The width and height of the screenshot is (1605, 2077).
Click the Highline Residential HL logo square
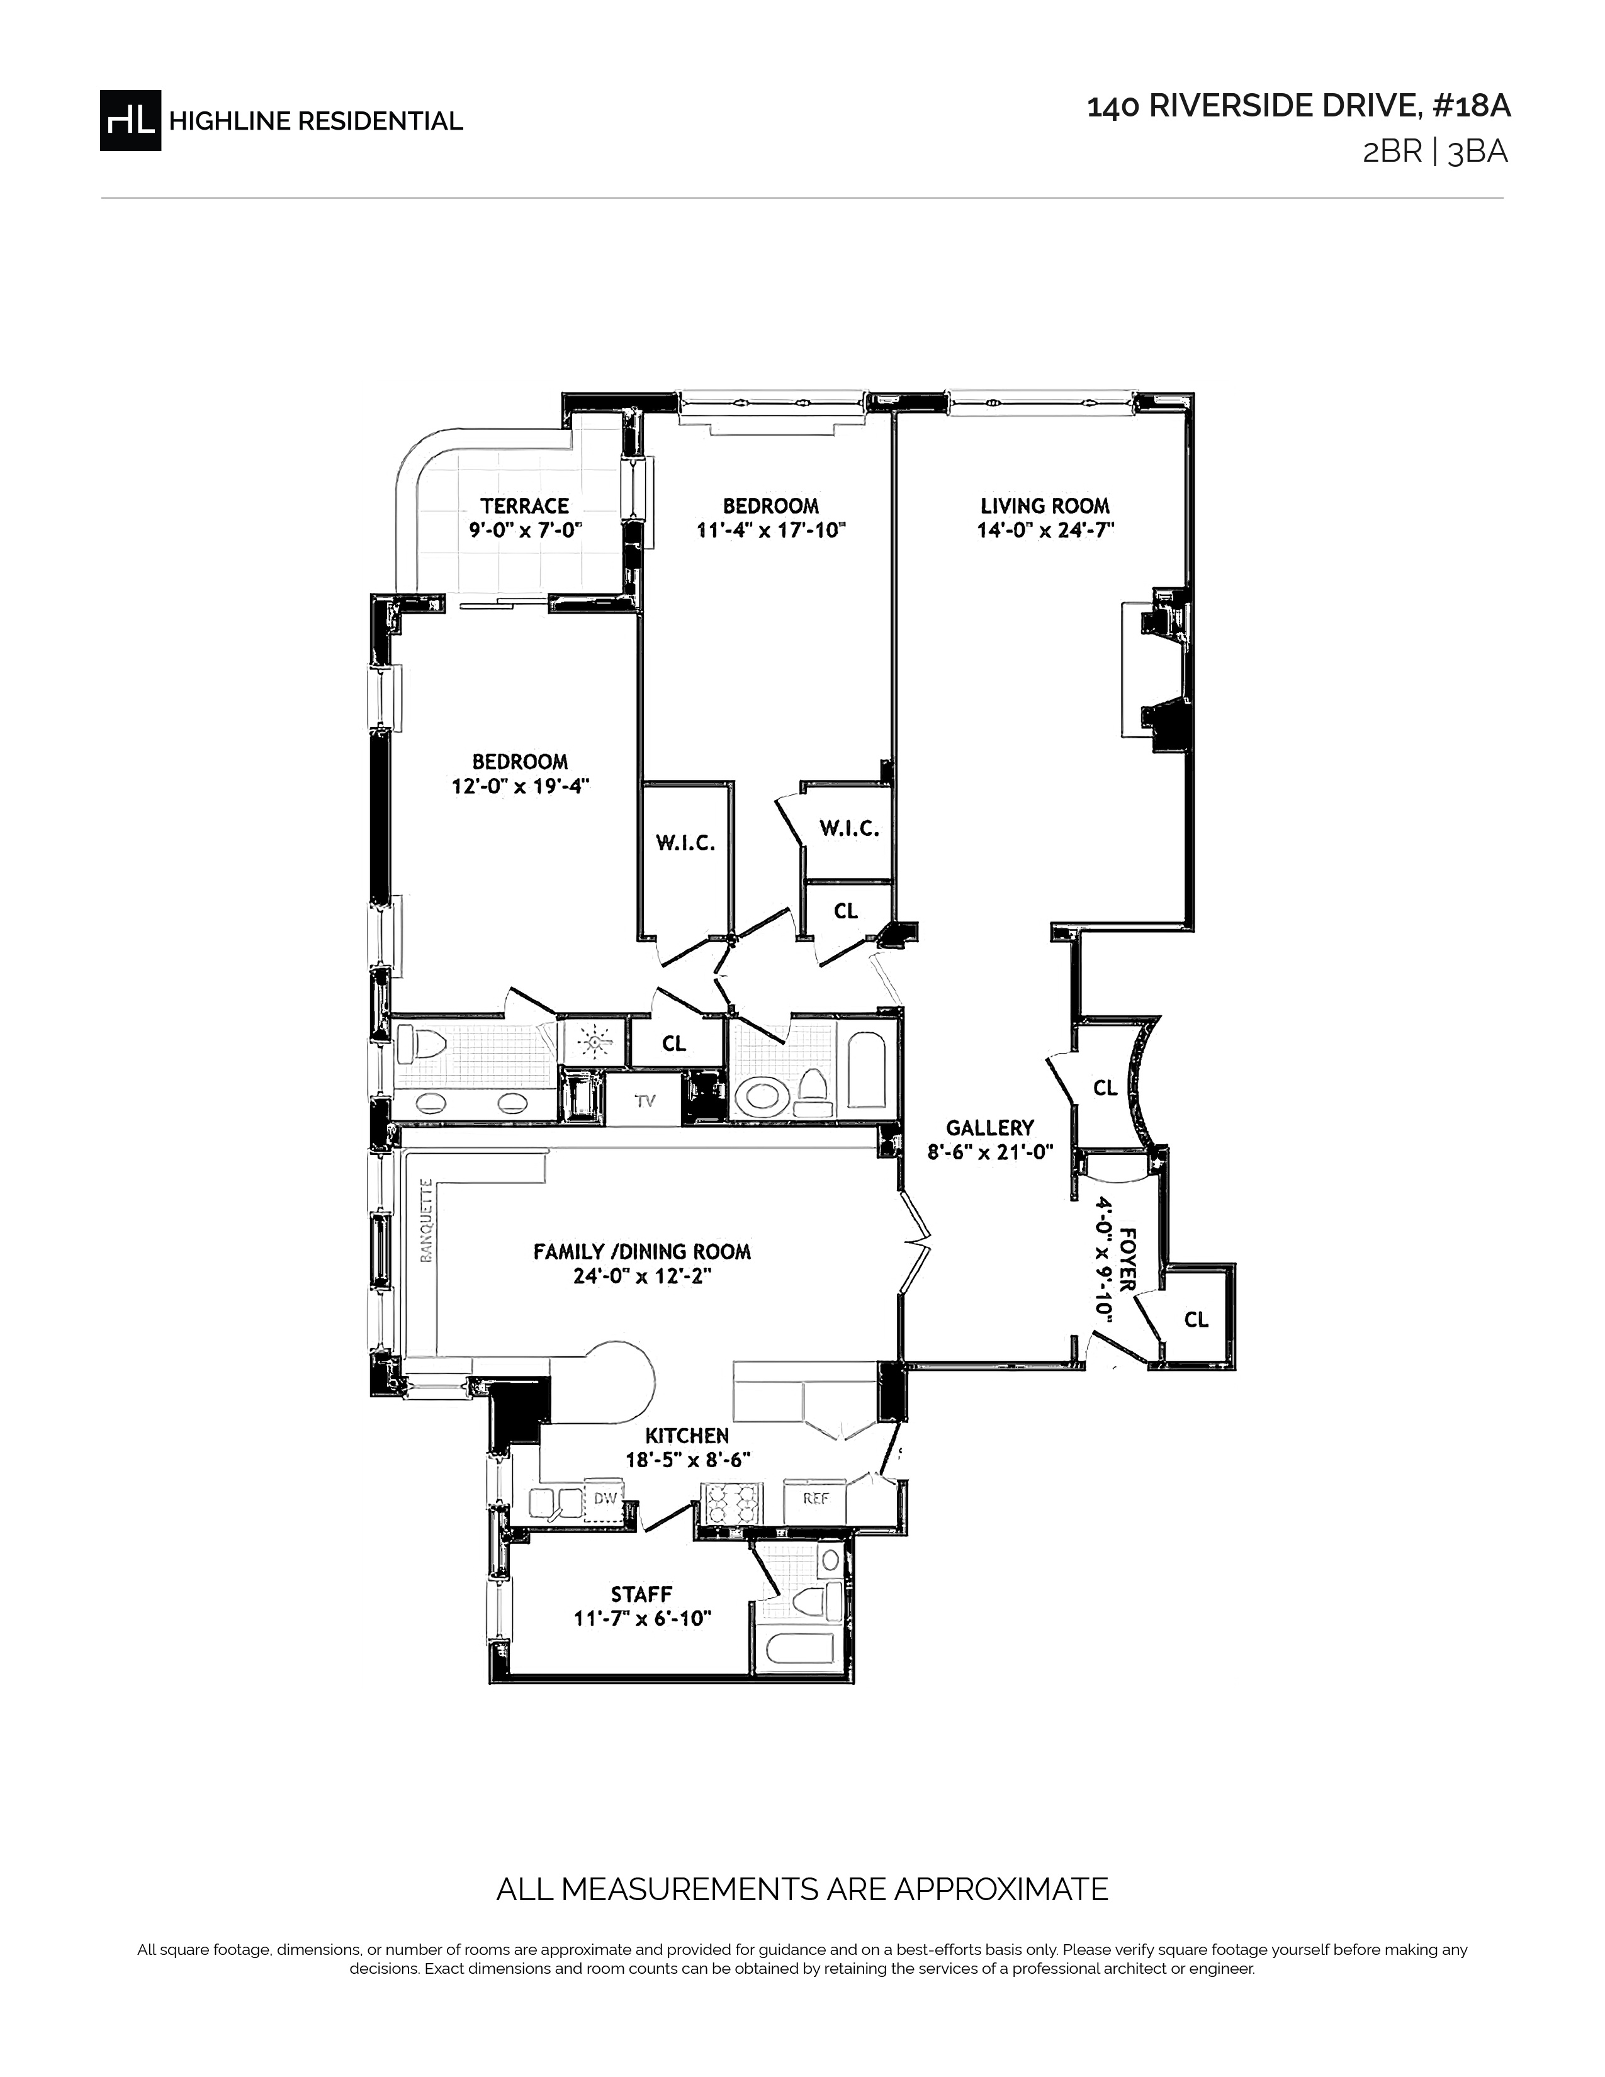point(130,120)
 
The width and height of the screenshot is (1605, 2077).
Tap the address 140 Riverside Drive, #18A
point(1299,106)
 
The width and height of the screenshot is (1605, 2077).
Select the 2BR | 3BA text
point(1436,153)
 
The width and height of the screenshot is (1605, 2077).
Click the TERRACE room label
point(525,506)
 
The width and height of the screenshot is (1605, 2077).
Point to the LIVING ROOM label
point(1045,506)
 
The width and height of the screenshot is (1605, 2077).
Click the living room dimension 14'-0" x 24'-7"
point(1045,531)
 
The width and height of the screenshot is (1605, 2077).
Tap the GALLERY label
point(990,1128)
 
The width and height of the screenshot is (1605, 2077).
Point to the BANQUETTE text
point(427,1220)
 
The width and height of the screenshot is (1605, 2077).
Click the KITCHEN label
point(687,1436)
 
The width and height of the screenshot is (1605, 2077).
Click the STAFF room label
point(642,1594)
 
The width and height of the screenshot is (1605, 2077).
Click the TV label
point(646,1101)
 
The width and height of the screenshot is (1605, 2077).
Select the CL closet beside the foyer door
point(1196,1319)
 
